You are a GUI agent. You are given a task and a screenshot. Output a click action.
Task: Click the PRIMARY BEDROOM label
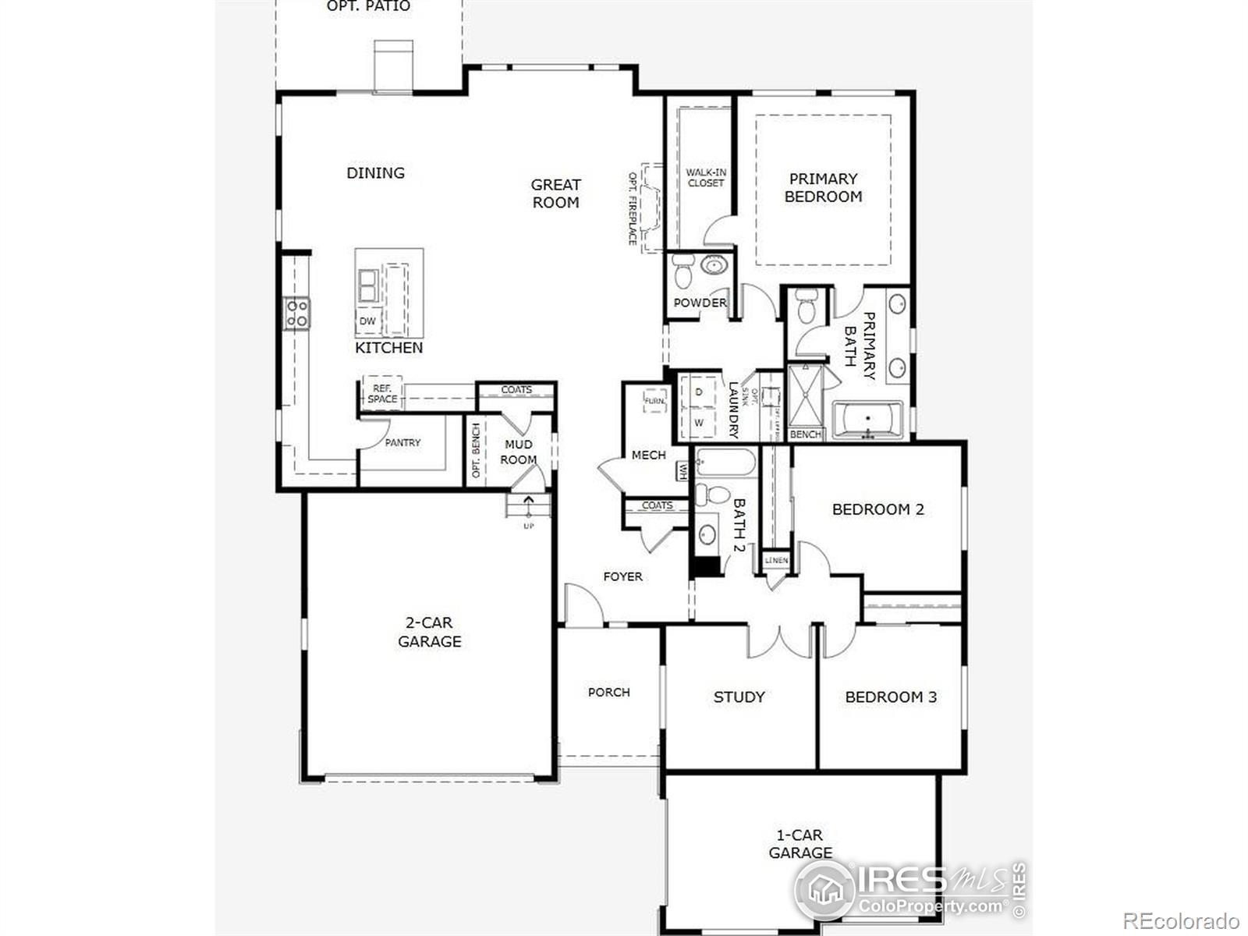(823, 187)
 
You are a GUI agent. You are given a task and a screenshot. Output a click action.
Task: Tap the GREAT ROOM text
(555, 193)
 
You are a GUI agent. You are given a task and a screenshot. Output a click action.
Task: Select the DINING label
(375, 172)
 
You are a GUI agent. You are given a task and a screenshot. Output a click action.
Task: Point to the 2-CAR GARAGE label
(429, 632)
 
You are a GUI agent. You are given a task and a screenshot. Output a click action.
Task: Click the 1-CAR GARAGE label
(800, 843)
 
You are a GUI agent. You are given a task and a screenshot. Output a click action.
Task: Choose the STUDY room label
(739, 697)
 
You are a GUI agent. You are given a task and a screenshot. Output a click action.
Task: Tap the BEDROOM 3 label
(891, 697)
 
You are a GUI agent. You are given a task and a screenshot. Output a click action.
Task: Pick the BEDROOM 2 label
(877, 509)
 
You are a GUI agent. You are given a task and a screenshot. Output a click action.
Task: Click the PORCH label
(608, 692)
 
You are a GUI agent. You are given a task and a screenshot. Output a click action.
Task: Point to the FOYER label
(622, 576)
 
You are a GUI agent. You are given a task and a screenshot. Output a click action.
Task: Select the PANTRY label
(402, 442)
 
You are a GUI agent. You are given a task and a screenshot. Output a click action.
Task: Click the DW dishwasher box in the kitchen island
(367, 321)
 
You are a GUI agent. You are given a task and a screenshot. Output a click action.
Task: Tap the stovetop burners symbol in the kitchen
(296, 314)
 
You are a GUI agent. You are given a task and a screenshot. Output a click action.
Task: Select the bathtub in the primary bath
(867, 420)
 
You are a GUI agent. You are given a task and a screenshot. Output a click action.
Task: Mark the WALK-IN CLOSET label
(706, 178)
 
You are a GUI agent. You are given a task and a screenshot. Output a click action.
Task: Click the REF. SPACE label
(381, 393)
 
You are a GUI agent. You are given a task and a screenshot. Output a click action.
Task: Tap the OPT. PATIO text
(368, 6)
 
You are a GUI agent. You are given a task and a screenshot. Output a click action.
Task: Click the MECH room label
(648, 455)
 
